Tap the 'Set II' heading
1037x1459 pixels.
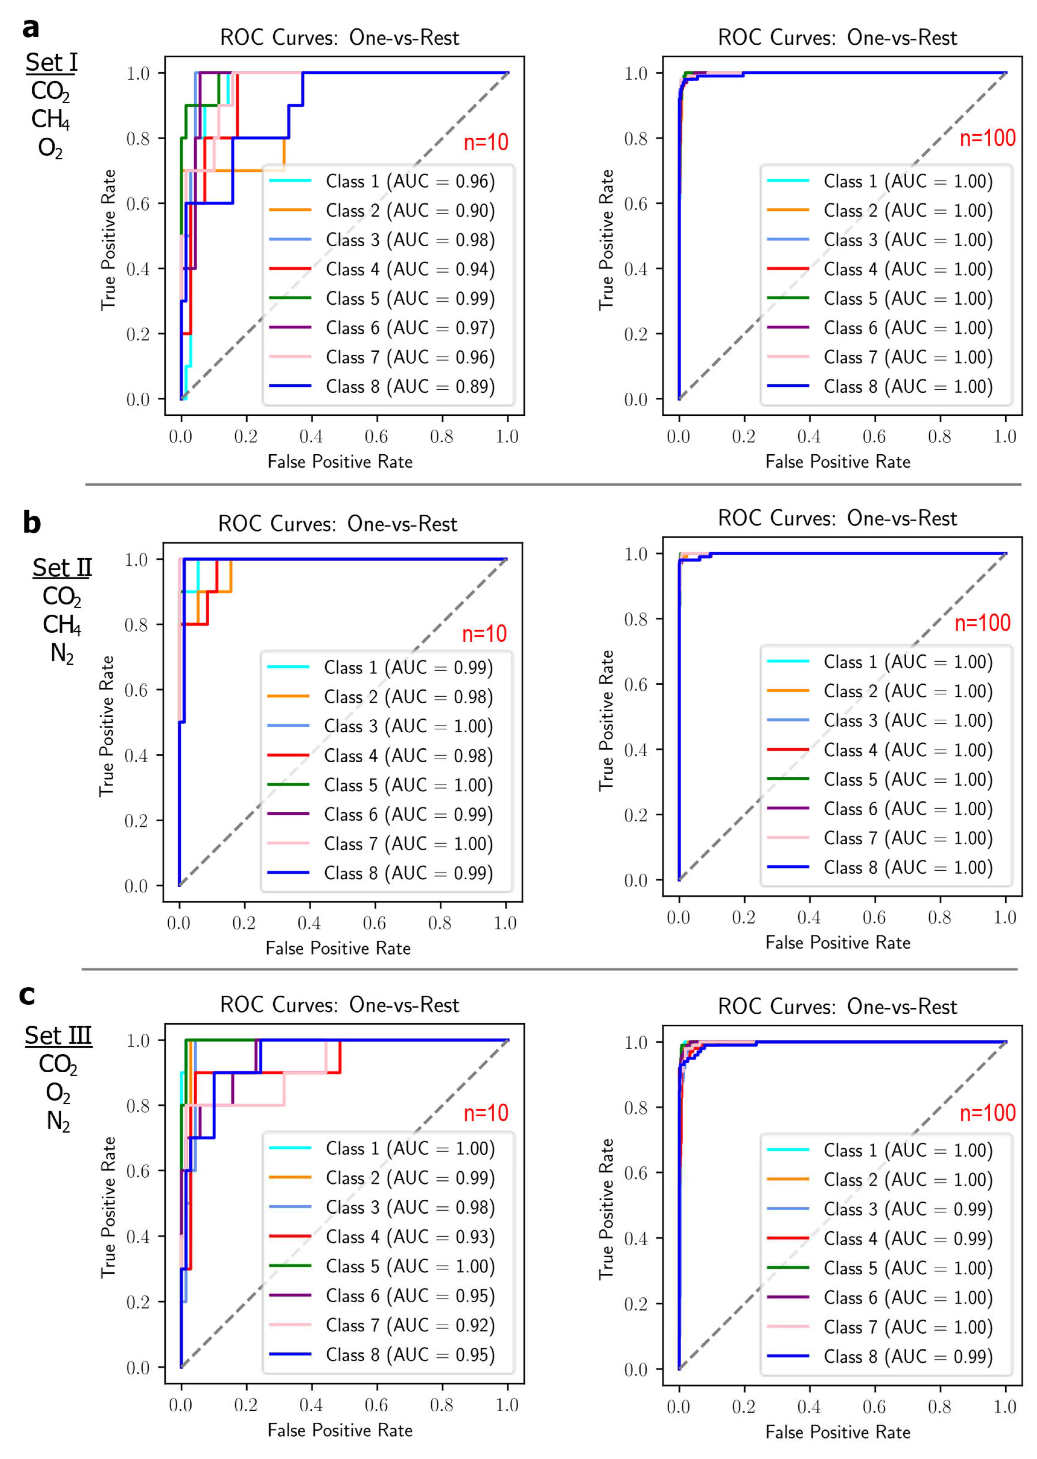coord(62,567)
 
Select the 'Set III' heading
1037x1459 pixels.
coord(58,1035)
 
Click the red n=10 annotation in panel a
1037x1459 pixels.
coord(486,142)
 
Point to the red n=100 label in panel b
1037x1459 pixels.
coord(982,623)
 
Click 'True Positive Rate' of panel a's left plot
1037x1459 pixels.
coord(109,240)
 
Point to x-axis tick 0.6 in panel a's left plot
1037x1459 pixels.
coord(377,437)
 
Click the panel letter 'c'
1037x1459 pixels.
coord(27,995)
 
